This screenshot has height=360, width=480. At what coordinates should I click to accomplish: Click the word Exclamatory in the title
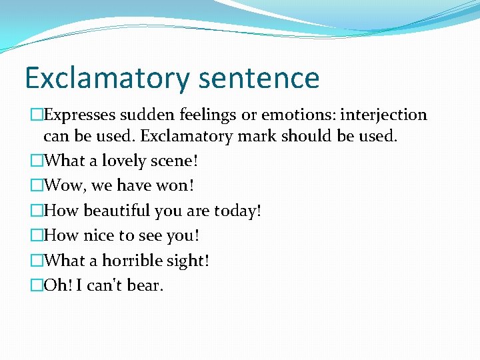(107, 78)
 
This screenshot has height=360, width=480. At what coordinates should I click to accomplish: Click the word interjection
(383, 115)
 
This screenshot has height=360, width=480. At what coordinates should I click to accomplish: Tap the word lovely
(125, 161)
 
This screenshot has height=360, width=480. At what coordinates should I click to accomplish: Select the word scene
(174, 161)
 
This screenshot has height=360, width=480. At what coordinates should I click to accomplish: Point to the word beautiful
(117, 211)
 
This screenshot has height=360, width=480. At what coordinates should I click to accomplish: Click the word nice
(99, 236)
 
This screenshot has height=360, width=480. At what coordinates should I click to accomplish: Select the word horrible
(132, 261)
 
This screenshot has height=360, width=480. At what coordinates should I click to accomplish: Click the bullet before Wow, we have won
(37, 186)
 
